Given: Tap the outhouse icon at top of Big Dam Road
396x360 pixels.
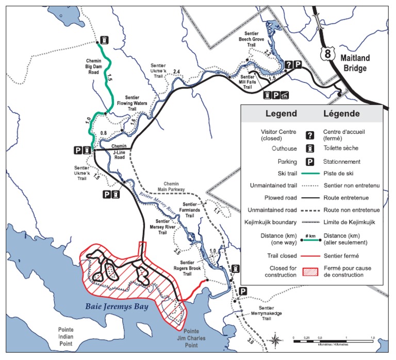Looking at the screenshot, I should pyautogui.click(x=104, y=40).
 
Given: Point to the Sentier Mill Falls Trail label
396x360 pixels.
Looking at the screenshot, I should pyautogui.click(x=252, y=82).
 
